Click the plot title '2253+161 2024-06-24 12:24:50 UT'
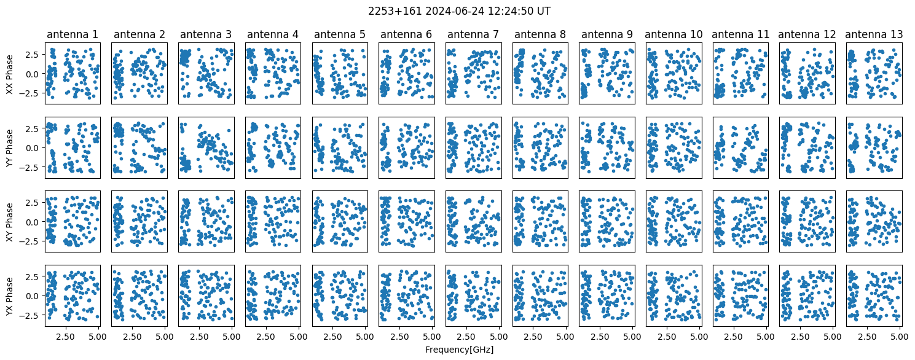tap(459, 11)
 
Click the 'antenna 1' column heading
tap(73, 34)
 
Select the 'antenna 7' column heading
tap(473, 34)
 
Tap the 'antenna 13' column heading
tap(874, 34)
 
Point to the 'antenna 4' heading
tap(273, 34)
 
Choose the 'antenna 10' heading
tap(673, 34)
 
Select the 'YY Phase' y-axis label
tap(10, 148)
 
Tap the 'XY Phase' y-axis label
tap(10, 222)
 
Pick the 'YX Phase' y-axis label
tap(10, 296)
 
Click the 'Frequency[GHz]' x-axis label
tap(459, 350)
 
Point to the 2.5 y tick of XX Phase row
tap(35, 55)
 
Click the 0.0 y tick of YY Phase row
tap(35, 148)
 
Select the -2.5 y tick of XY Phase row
tap(32, 241)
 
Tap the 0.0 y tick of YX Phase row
tap(35, 296)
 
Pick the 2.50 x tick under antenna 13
tap(866, 337)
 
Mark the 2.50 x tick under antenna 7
tap(466, 337)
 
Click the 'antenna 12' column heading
tap(807, 34)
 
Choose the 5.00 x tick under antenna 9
tap(632, 337)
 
